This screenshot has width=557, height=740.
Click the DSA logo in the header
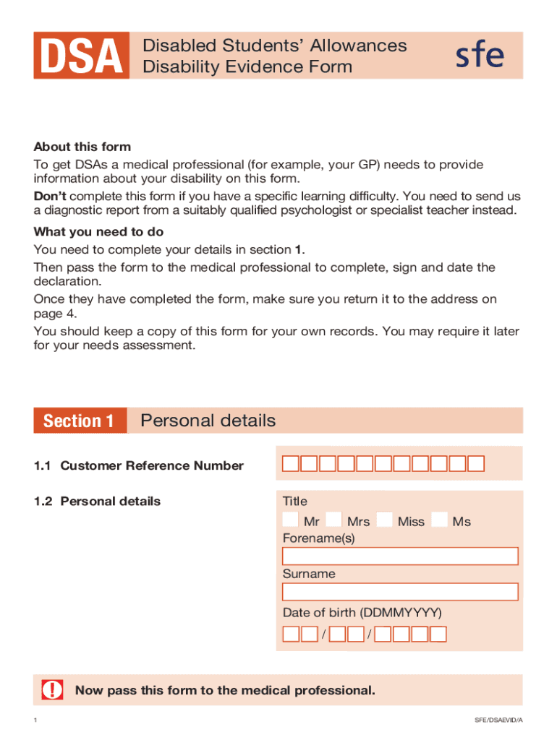click(x=81, y=56)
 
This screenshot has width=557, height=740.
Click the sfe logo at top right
click(x=479, y=56)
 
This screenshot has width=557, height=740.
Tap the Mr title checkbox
click(x=290, y=520)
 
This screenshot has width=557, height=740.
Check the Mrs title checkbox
click(x=333, y=520)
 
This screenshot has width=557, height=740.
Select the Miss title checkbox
click(x=385, y=520)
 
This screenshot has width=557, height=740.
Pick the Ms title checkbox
click(x=438, y=520)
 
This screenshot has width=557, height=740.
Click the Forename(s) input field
click(x=400, y=556)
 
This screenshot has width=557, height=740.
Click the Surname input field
click(x=400, y=592)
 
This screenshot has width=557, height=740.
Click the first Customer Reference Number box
click(x=290, y=464)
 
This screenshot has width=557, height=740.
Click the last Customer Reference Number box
click(x=476, y=464)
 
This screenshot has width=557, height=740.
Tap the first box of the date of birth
click(x=291, y=634)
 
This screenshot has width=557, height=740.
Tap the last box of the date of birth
click(x=438, y=634)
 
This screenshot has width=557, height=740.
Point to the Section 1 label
click(x=79, y=421)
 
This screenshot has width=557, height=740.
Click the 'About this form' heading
click(x=82, y=147)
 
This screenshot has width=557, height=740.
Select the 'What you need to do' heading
click(x=98, y=232)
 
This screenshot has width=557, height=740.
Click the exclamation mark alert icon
click(x=52, y=690)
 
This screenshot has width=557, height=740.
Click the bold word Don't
click(x=50, y=197)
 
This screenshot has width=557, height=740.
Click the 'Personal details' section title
click(x=208, y=421)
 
